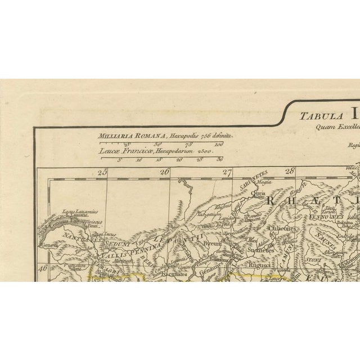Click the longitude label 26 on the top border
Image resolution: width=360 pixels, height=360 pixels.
click(165, 173)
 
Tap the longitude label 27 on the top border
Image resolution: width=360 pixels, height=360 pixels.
click(227, 173)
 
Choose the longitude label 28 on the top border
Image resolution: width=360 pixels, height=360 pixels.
click(290, 172)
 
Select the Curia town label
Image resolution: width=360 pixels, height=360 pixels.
click(258, 193)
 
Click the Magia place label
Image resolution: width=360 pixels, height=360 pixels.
click(260, 182)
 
